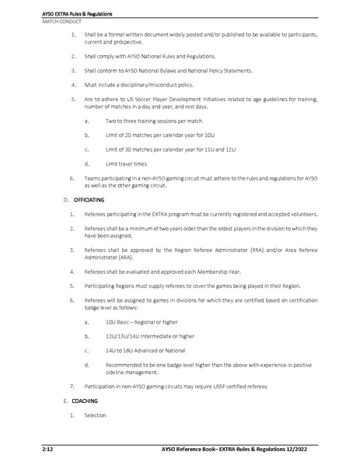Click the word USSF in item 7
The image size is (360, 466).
204,384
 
